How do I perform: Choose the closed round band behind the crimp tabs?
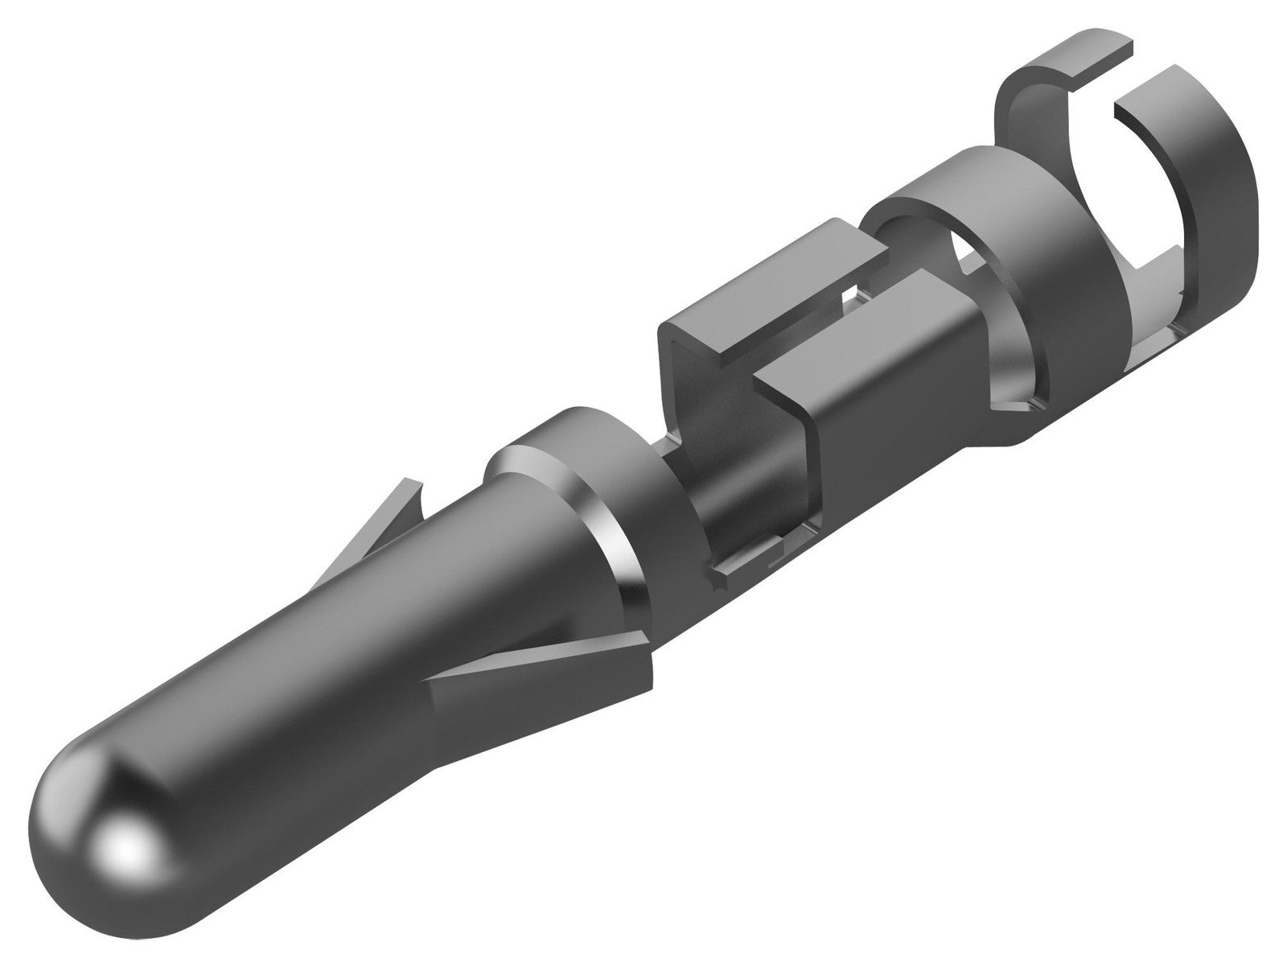(1046, 282)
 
